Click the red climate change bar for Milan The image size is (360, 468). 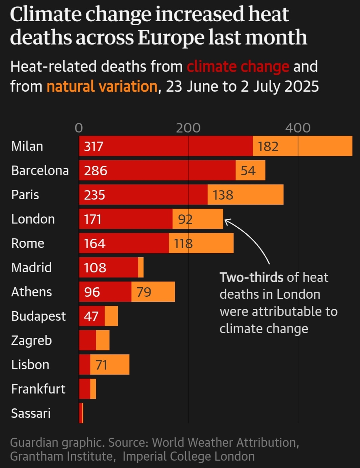165,146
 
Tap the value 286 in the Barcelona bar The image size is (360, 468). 95,171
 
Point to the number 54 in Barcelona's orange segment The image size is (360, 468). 248,171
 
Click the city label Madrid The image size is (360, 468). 31,267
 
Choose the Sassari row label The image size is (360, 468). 31,413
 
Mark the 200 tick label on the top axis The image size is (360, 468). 188,128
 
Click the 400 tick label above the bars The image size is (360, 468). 298,128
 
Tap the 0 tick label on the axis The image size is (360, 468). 79,128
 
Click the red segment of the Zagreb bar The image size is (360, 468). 87,340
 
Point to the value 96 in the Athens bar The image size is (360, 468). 92,292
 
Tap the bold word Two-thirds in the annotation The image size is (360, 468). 251,277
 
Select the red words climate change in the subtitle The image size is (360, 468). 238,67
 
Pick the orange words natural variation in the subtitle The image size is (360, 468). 102,87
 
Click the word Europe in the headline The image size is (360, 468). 171,37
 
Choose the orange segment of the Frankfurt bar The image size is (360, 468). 93,389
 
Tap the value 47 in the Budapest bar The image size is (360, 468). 91,316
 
